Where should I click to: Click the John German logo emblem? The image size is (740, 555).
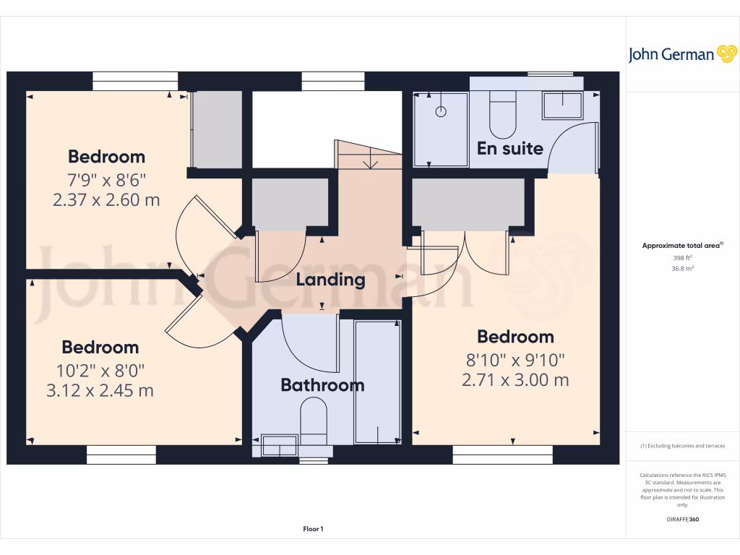pyautogui.click(x=726, y=53)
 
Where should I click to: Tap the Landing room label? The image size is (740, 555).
pyautogui.click(x=330, y=280)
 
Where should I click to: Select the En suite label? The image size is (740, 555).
pyautogui.click(x=509, y=148)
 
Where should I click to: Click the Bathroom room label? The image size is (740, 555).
pyautogui.click(x=322, y=384)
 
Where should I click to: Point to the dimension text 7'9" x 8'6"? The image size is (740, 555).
pyautogui.click(x=106, y=178)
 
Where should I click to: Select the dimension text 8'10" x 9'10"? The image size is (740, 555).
pyautogui.click(x=515, y=358)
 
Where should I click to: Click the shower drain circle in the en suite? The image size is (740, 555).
pyautogui.click(x=441, y=112)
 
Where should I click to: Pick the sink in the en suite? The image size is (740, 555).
pyautogui.click(x=562, y=106)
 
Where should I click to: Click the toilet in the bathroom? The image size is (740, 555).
pyautogui.click(x=314, y=422)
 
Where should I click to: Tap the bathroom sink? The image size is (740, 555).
pyautogui.click(x=278, y=445)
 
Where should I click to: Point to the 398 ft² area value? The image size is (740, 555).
pyautogui.click(x=682, y=257)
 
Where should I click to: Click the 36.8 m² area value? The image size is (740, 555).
pyautogui.click(x=682, y=268)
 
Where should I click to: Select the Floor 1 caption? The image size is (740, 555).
pyautogui.click(x=313, y=530)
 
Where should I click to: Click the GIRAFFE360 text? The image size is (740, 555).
pyautogui.click(x=682, y=519)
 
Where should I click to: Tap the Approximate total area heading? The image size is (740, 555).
pyautogui.click(x=681, y=246)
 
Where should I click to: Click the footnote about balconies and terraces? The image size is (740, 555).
pyautogui.click(x=682, y=446)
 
